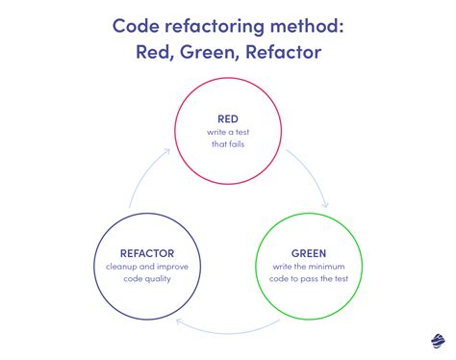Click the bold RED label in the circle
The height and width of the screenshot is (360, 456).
click(x=227, y=118)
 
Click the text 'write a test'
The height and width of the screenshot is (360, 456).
click(x=227, y=132)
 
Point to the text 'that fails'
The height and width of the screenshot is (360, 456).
click(x=227, y=145)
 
